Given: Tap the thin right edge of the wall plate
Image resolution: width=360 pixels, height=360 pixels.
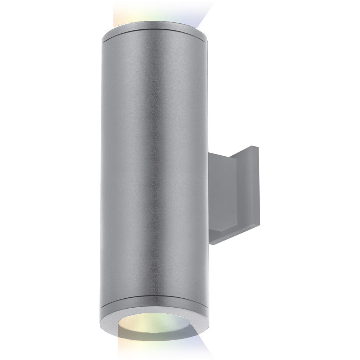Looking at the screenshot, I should (x=257, y=186).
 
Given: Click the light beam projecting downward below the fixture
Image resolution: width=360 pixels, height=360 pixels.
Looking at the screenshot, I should (x=156, y=350).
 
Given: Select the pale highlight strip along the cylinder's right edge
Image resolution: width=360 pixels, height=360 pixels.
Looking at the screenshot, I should (x=203, y=161).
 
